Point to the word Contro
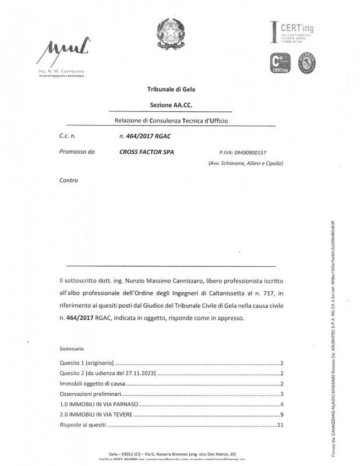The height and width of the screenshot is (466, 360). [x=68, y=181]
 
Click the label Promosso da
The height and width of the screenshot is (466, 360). [x=76, y=152]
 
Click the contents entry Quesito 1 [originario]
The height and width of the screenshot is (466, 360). [x=86, y=362]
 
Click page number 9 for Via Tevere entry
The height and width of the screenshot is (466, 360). [x=281, y=415]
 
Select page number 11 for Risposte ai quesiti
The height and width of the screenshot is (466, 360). [x=280, y=426]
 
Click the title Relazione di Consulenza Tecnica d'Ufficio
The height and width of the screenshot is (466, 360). [x=171, y=121]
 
